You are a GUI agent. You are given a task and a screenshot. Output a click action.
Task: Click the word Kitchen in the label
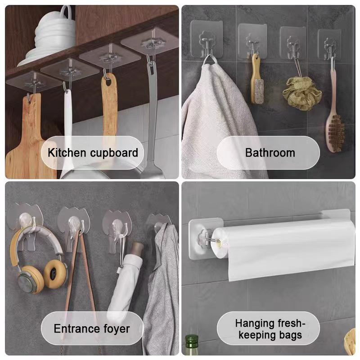click(67, 153)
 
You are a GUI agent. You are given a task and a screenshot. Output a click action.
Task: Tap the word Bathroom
click(270, 153)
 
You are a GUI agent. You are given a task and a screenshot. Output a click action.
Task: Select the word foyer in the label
click(117, 328)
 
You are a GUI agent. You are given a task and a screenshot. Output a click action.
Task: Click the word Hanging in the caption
click(255, 324)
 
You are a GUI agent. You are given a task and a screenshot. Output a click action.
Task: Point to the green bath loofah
click(302, 93)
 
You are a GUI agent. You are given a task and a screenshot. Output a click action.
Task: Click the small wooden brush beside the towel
click(256, 79)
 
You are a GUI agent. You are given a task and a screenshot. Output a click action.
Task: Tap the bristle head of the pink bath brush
click(335, 133)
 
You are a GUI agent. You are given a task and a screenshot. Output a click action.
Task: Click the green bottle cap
click(192, 340)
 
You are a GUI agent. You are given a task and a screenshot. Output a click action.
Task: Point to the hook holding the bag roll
click(208, 238)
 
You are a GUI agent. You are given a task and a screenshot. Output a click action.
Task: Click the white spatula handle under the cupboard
click(68, 115)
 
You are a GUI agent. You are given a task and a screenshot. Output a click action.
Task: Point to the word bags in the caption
click(290, 335)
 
